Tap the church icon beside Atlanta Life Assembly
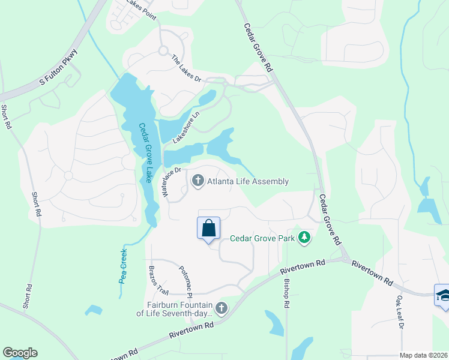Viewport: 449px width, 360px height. coord(197,181)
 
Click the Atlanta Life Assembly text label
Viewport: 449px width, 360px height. coord(248,181)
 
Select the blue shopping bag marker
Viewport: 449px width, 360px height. coord(208,229)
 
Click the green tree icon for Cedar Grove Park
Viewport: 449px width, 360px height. coord(305,238)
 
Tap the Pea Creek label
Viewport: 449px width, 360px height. coord(124,266)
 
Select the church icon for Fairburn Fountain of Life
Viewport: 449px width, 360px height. coord(221,308)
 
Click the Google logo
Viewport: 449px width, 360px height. coord(20,353)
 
